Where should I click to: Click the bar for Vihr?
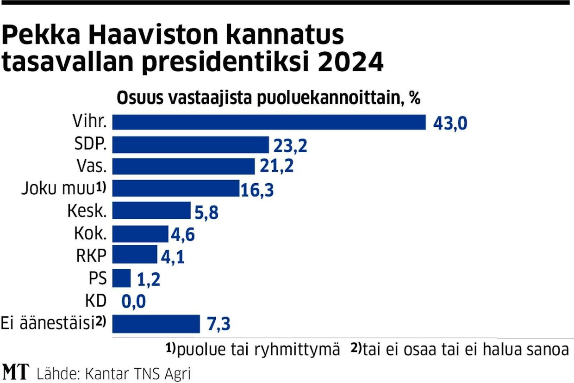pyautogui.click(x=269, y=122)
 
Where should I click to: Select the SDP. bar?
pyautogui.click(x=191, y=145)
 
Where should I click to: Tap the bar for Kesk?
pyautogui.click(x=151, y=210)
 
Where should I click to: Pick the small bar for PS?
pyautogui.click(x=122, y=278)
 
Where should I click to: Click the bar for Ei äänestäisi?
pyautogui.click(x=156, y=324)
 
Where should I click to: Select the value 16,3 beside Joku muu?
pyautogui.click(x=257, y=189)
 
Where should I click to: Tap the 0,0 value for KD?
pyautogui.click(x=134, y=302)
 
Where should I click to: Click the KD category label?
pyautogui.click(x=96, y=301)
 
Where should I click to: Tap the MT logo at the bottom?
pyautogui.click(x=16, y=372)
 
